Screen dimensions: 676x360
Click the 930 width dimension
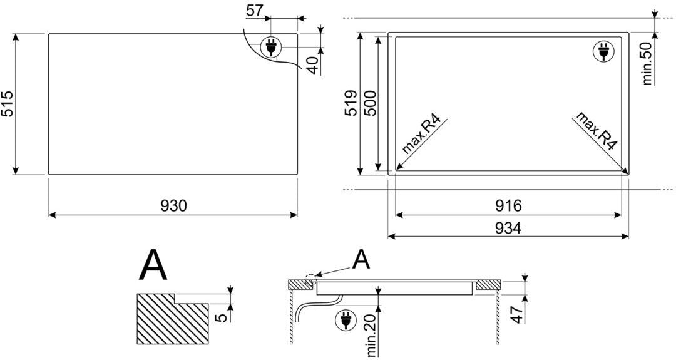[174, 206]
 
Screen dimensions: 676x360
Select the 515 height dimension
[9, 103]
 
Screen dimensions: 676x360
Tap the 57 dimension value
[255, 11]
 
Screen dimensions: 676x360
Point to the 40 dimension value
[314, 65]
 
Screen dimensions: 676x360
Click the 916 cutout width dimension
[508, 206]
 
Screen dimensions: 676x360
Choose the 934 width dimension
[508, 228]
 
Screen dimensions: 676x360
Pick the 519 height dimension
[351, 103]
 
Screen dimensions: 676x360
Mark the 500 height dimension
[371, 103]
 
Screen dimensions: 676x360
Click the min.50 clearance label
[648, 64]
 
